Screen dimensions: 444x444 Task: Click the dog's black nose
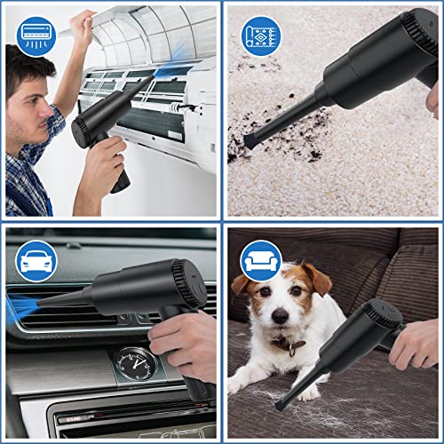click(281, 316)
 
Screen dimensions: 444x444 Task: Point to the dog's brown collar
click(289, 343)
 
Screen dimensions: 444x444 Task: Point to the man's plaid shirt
click(27, 178)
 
